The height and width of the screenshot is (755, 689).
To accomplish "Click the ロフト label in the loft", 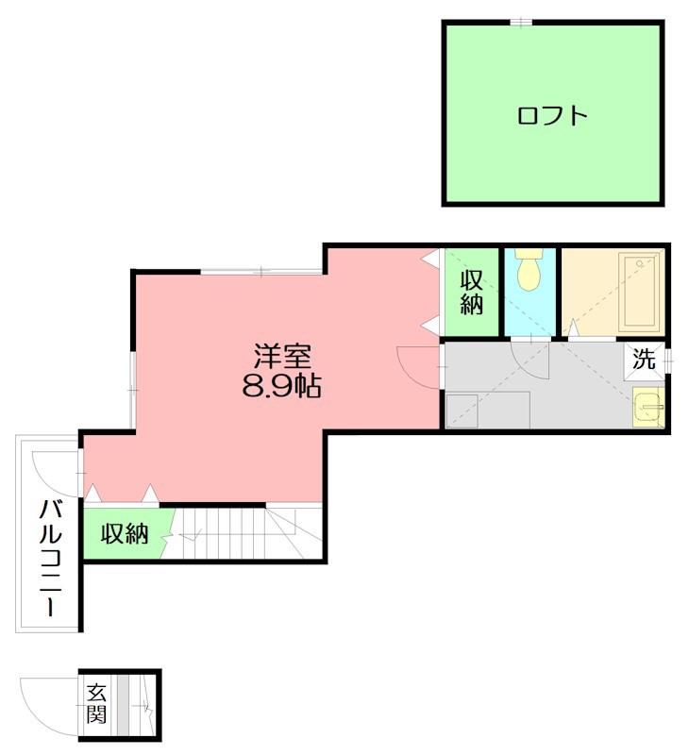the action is pos(552,116).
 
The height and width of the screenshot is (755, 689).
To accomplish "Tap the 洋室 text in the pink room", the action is pos(282,356).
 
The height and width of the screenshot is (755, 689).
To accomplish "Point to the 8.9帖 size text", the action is pos(281,385).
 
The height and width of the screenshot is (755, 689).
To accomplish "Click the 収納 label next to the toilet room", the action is pos(471,293).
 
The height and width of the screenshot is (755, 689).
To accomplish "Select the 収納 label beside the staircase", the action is pos(125,533).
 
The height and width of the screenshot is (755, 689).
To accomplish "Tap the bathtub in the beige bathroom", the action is pos(640,292).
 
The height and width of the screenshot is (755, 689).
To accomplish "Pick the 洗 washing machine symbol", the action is pos(645,359).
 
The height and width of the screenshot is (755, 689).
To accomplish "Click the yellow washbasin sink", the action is pos(648,408).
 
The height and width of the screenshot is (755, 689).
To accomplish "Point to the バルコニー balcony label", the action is pos(51,558).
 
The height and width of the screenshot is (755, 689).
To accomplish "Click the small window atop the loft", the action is pos(521,22).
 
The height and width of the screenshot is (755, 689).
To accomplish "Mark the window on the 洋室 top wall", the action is pos(260,272).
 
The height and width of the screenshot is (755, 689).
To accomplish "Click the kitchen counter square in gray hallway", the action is pos(462,411).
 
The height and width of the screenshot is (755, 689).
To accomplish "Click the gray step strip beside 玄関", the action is pos(124,705).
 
